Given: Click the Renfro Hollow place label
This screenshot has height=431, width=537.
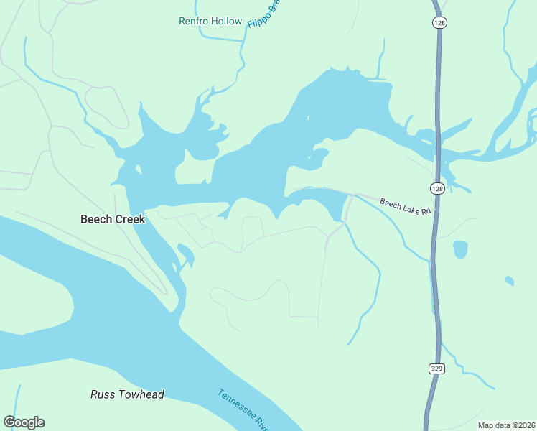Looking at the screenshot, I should pyautogui.click(x=210, y=21).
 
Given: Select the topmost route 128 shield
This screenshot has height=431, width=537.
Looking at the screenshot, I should pyautogui.click(x=439, y=23).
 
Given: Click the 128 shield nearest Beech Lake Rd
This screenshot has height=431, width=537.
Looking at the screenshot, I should pyautogui.click(x=436, y=188).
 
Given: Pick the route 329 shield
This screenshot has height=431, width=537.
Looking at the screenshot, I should pyautogui.click(x=436, y=369).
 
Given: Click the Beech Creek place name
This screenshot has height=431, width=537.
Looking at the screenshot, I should pyautogui.click(x=113, y=219).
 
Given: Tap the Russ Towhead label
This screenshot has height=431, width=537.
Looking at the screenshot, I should pyautogui.click(x=127, y=394).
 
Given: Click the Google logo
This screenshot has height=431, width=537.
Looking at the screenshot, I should pyautogui.click(x=24, y=422).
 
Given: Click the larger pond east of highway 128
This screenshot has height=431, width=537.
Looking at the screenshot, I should pyautogui.click(x=460, y=249).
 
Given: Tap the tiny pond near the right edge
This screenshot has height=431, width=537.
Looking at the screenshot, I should pyautogui.click(x=509, y=280).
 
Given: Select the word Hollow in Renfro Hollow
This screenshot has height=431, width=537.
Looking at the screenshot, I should pyautogui.click(x=227, y=21).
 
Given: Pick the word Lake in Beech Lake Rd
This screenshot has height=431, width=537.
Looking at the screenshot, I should pyautogui.click(x=406, y=208).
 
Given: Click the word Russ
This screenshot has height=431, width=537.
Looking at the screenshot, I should pyautogui.click(x=101, y=394).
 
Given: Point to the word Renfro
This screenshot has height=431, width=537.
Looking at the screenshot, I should pyautogui.click(x=193, y=21).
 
